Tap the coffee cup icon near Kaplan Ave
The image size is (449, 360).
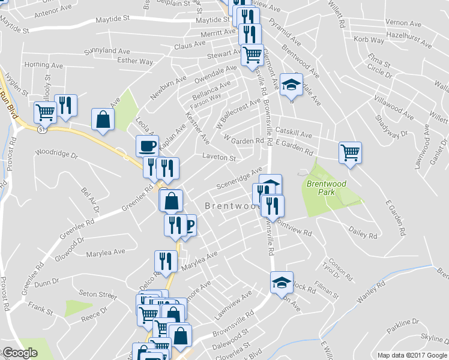tap(147, 145)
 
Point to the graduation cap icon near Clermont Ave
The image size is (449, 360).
tap(291, 84)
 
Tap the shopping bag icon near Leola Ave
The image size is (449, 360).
tap(103, 118)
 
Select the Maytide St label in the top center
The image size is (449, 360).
tap(214, 20)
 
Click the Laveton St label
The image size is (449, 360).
tap(219, 157)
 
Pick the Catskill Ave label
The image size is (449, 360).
tap(294, 135)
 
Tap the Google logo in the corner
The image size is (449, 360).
tap(20, 353)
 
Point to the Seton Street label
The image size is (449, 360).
tap(97, 295)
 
